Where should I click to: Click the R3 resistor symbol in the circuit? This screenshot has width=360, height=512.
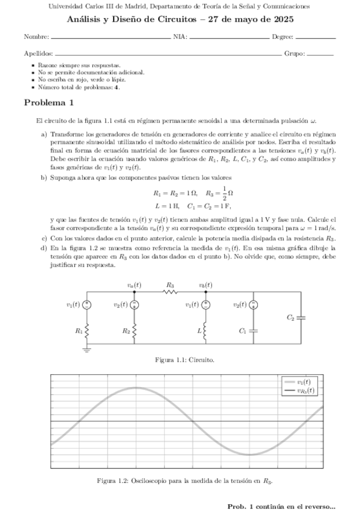(x=170, y=292)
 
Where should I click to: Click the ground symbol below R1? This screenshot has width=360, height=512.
(x=87, y=348)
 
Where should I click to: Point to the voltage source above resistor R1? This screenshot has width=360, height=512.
(x=87, y=305)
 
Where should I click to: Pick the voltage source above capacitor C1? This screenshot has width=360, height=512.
(x=254, y=305)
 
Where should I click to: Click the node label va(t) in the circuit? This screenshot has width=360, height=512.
(x=134, y=284)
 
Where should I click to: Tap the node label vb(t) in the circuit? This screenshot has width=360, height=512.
(x=205, y=284)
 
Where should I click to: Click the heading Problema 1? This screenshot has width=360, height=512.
(x=48, y=103)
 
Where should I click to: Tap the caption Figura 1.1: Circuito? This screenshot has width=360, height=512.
(x=180, y=360)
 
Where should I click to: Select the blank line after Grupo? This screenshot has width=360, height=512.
(x=320, y=54)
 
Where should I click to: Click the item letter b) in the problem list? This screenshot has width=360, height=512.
(x=43, y=178)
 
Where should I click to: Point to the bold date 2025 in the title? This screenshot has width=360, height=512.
(x=282, y=19)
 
